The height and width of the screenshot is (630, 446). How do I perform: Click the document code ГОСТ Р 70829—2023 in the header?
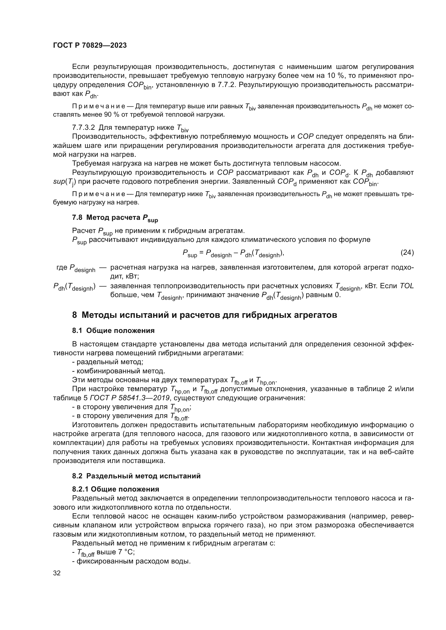point(90,46)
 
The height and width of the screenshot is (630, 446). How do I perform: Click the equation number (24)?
point(407,252)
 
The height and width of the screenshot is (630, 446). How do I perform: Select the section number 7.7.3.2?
point(84,128)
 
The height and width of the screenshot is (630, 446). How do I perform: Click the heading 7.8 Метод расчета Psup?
point(115,218)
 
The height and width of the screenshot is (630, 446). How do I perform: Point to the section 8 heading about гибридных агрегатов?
point(204,315)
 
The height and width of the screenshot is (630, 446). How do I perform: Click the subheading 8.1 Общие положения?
point(113,331)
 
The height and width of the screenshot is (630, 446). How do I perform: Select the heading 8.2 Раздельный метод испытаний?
point(136,476)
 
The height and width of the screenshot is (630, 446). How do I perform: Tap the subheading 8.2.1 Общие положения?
point(116,489)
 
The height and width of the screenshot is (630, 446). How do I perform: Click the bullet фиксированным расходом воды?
point(131,561)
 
